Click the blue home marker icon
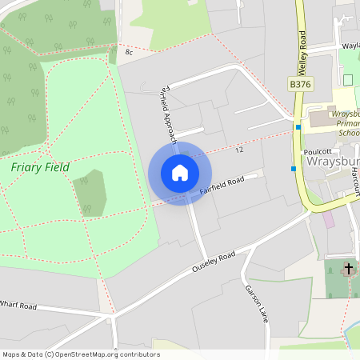point(180,173)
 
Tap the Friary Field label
point(40,167)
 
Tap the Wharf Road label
point(18,305)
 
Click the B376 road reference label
point(300,83)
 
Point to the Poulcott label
point(318,150)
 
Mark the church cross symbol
point(348,269)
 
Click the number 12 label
point(239,150)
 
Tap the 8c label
point(129,52)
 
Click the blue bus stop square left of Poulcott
point(294,168)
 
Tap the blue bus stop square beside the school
point(298,126)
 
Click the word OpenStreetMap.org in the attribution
point(87,354)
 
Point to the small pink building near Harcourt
point(329,218)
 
